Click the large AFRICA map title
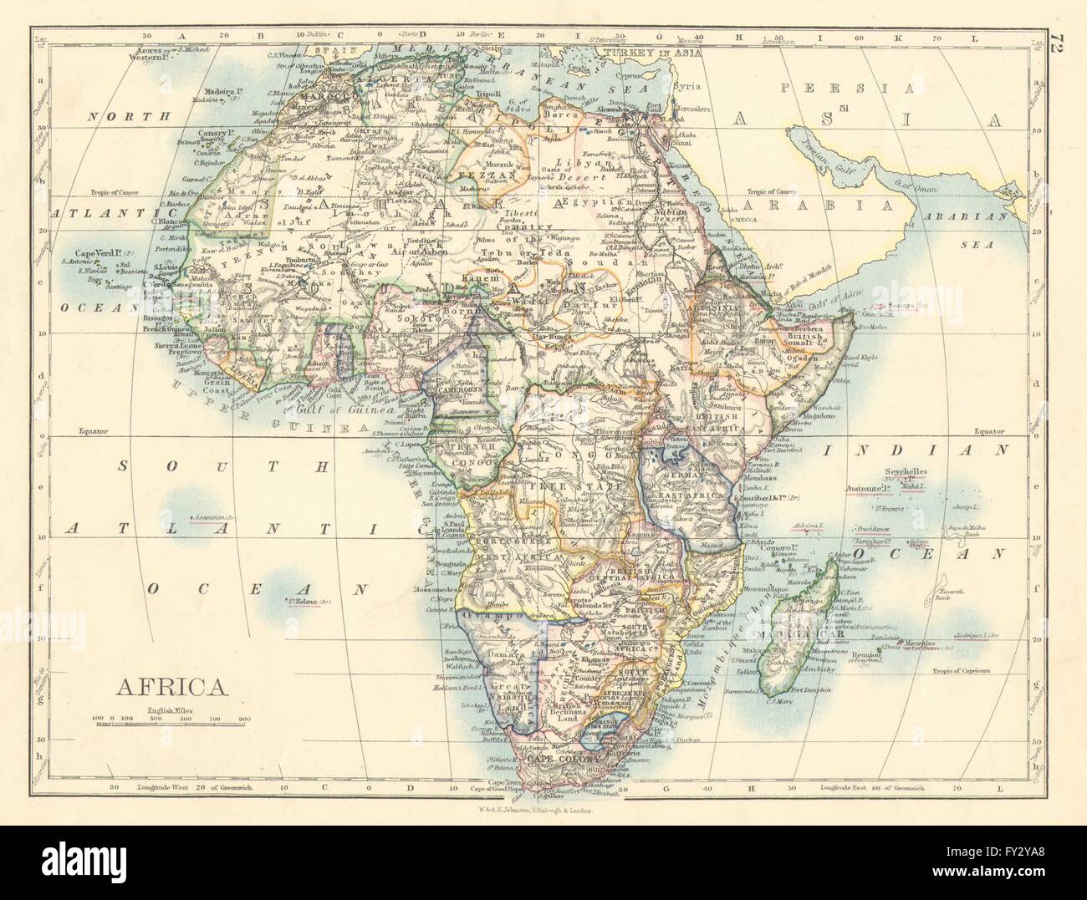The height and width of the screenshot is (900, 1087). [x=173, y=687]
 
